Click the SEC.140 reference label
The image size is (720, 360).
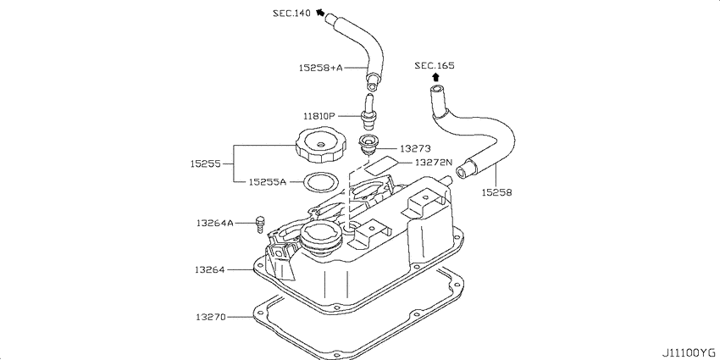(x=291, y=13)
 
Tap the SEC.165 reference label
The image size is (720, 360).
(x=435, y=66)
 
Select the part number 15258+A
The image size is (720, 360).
(x=321, y=68)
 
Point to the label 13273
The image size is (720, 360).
(x=415, y=148)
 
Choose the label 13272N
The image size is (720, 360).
(x=434, y=162)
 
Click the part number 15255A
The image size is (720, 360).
(x=268, y=182)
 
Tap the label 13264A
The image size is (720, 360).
(x=215, y=223)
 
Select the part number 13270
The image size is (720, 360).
(x=211, y=317)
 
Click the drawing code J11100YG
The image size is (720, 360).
(x=689, y=352)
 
